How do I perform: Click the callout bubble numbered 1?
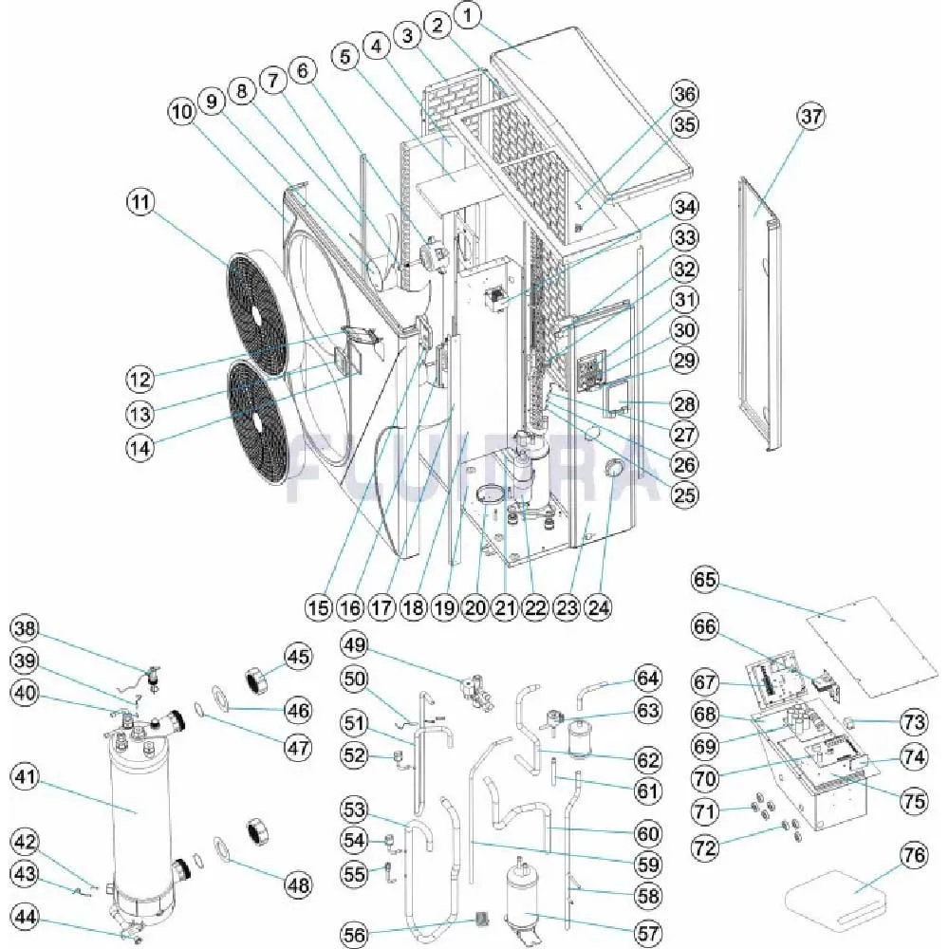[472, 14]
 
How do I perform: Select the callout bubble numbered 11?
[142, 203]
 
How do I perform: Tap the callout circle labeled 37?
[810, 118]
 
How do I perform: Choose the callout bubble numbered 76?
[914, 856]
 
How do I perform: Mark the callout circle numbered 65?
[705, 579]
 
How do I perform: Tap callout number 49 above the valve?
[355, 644]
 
